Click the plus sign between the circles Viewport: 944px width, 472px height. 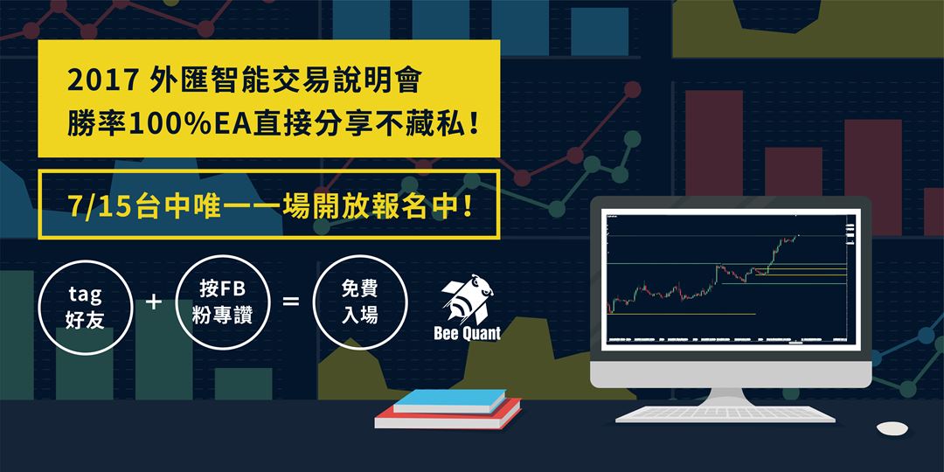[155, 302]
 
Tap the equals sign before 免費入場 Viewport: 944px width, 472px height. [290, 302]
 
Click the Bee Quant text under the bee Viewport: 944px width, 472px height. [467, 334]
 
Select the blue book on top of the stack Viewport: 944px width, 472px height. [449, 400]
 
